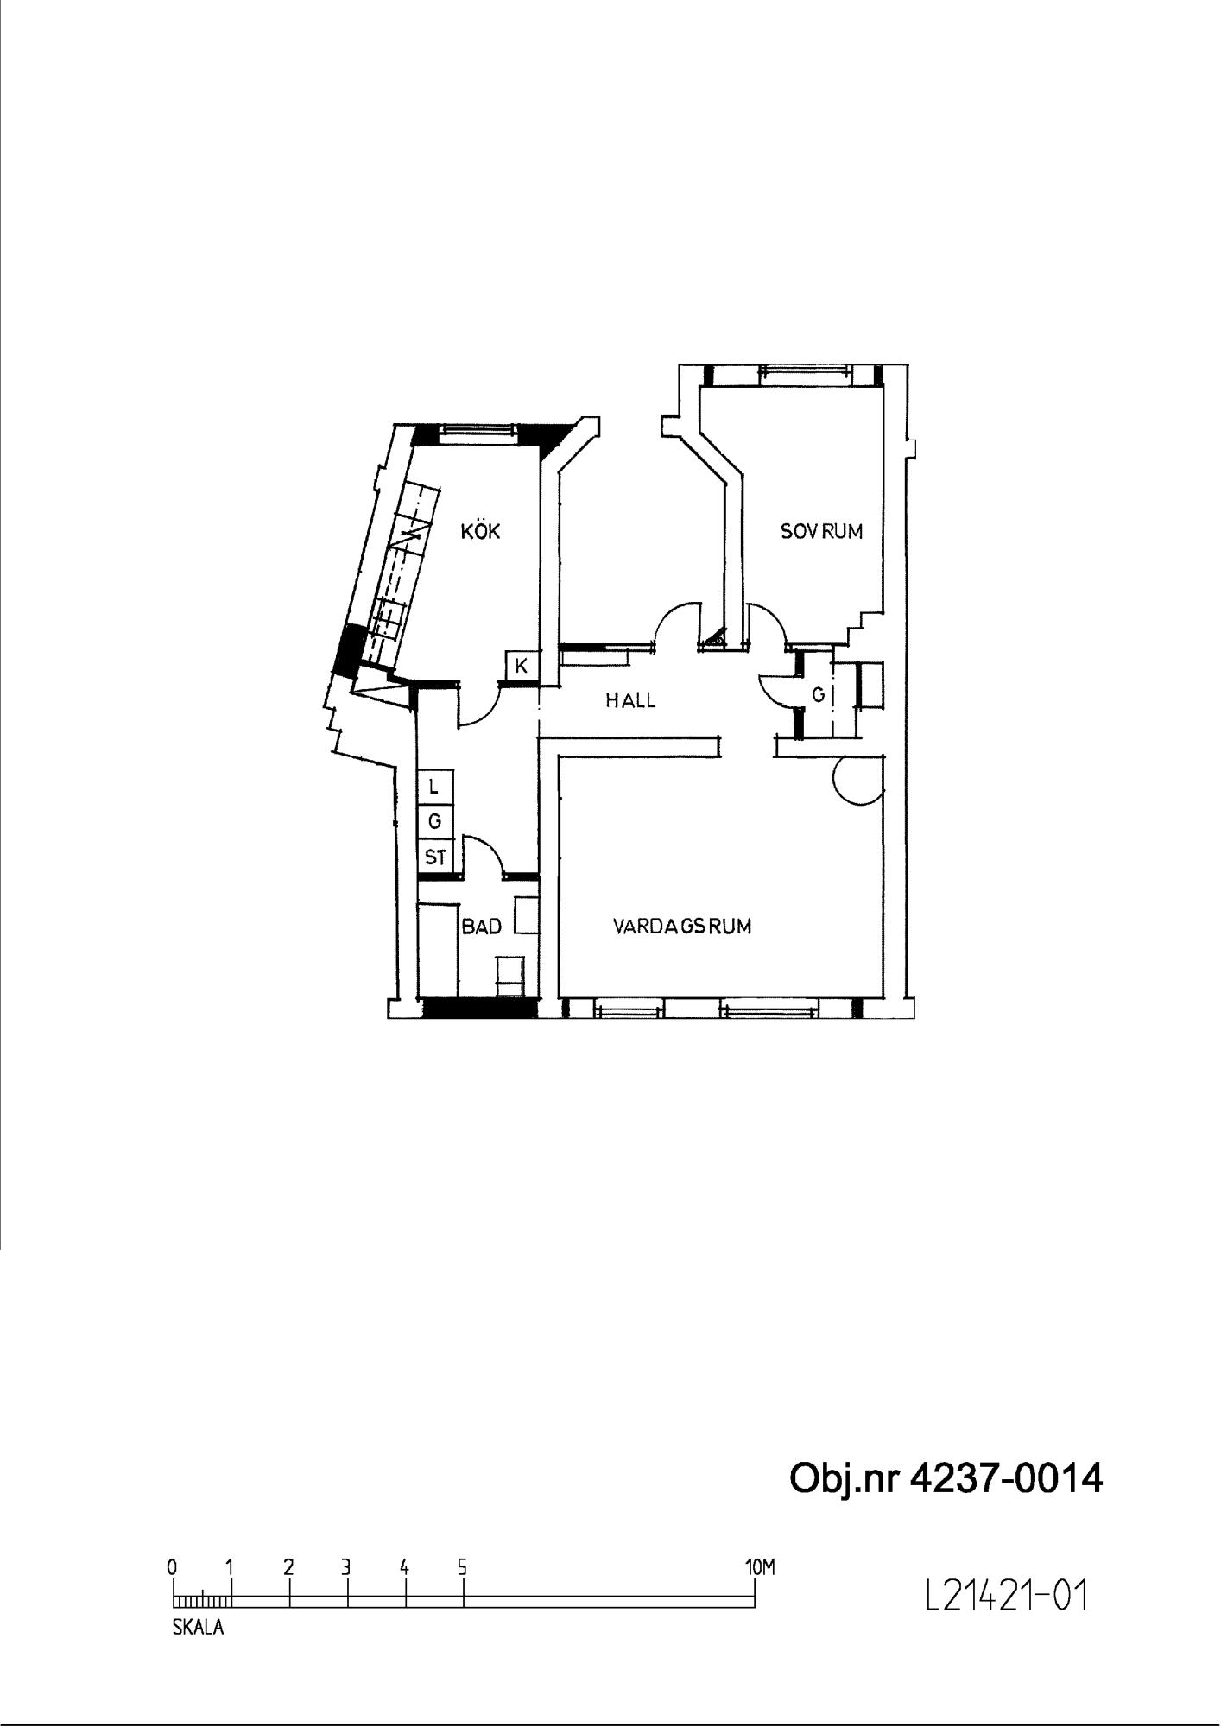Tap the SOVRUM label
[821, 531]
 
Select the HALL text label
[630, 700]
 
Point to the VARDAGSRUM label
[682, 927]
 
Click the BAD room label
[482, 927]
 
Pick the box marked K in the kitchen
[522, 667]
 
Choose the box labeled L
[435, 787]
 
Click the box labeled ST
[435, 857]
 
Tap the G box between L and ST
[435, 822]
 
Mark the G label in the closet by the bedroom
[819, 694]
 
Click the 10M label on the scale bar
[760, 1567]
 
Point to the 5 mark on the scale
[463, 1567]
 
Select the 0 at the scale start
[173, 1567]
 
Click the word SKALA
[198, 1628]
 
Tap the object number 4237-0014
[1007, 1479]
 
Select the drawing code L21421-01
[1006, 1597]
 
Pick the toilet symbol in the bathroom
[510, 975]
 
